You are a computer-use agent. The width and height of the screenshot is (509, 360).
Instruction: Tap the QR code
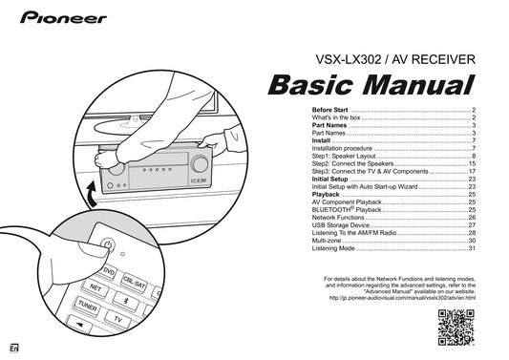(456, 326)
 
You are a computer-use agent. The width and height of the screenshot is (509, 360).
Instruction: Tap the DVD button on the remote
(108, 273)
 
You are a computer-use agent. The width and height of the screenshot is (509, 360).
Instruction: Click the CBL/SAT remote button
(134, 285)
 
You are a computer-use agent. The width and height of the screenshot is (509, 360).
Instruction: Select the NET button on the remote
(95, 287)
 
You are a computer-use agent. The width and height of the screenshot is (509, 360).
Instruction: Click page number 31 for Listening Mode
(471, 248)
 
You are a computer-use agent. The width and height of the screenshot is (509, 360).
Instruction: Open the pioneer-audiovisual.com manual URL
(401, 298)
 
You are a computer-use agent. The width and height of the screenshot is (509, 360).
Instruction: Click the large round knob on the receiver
(116, 165)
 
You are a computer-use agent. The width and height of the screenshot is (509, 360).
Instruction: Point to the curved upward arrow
(89, 197)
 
